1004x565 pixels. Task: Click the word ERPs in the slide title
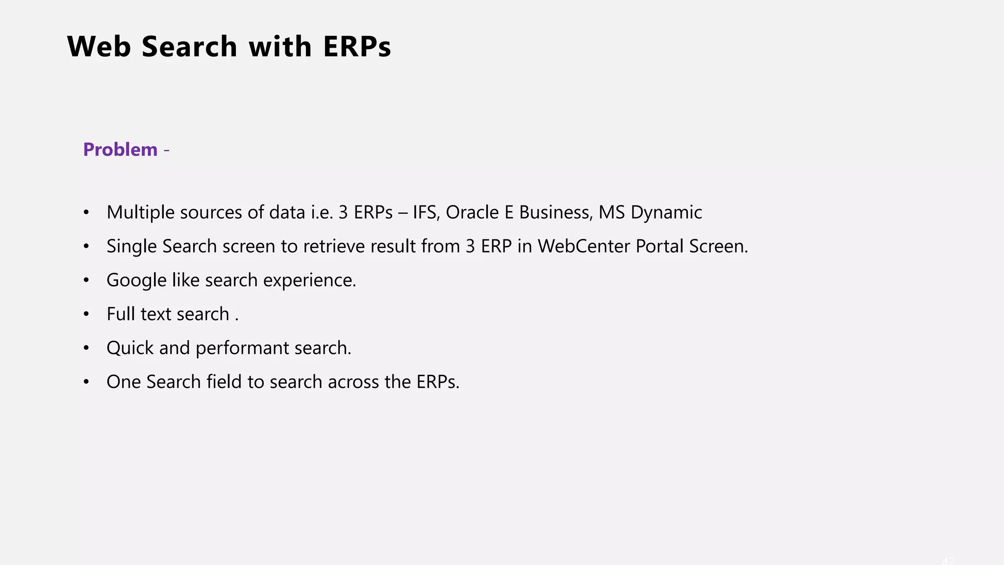[x=357, y=47]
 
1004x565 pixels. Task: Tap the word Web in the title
[x=99, y=47]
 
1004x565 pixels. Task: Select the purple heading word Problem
[x=120, y=150]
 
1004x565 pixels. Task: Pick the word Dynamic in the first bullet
[x=666, y=212]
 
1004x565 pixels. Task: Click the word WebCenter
[x=584, y=246]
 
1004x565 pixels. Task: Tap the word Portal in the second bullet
[x=659, y=246]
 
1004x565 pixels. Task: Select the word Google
[x=136, y=281]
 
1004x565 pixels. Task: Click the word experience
[x=309, y=281]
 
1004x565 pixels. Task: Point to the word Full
[x=121, y=314]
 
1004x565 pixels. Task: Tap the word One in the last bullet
[x=124, y=382]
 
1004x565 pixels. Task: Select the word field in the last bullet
[x=224, y=382]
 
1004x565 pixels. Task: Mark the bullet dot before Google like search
[x=86, y=280]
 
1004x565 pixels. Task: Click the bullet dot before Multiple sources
[x=86, y=212]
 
